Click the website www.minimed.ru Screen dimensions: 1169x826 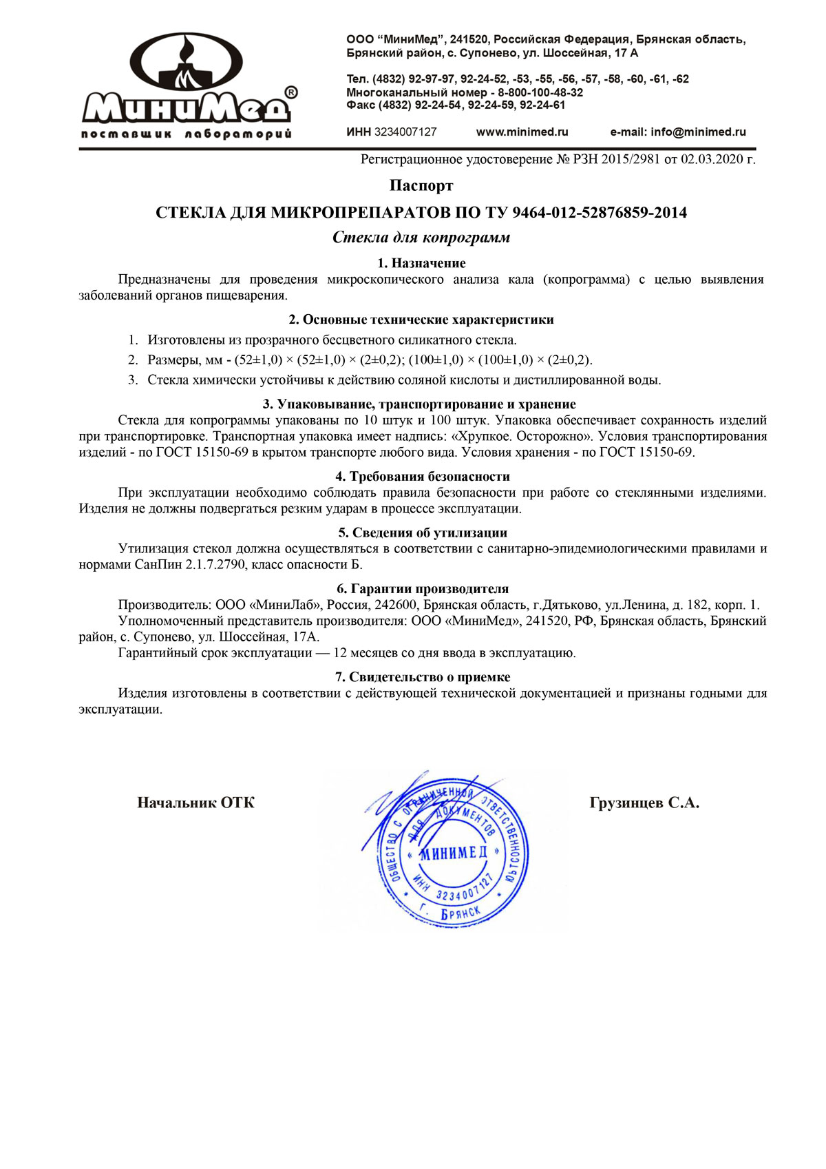522,132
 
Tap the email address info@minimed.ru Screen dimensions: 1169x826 698,132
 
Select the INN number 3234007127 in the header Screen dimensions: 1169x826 405,132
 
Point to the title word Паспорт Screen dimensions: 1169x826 421,185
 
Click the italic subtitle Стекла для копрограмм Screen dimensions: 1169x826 421,238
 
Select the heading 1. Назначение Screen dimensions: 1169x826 421,263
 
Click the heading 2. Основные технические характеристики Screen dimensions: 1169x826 421,320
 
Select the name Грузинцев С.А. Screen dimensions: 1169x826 644,803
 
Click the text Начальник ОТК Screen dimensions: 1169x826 195,803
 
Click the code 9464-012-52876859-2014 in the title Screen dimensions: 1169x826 600,212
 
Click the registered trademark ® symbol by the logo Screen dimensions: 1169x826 291,92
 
